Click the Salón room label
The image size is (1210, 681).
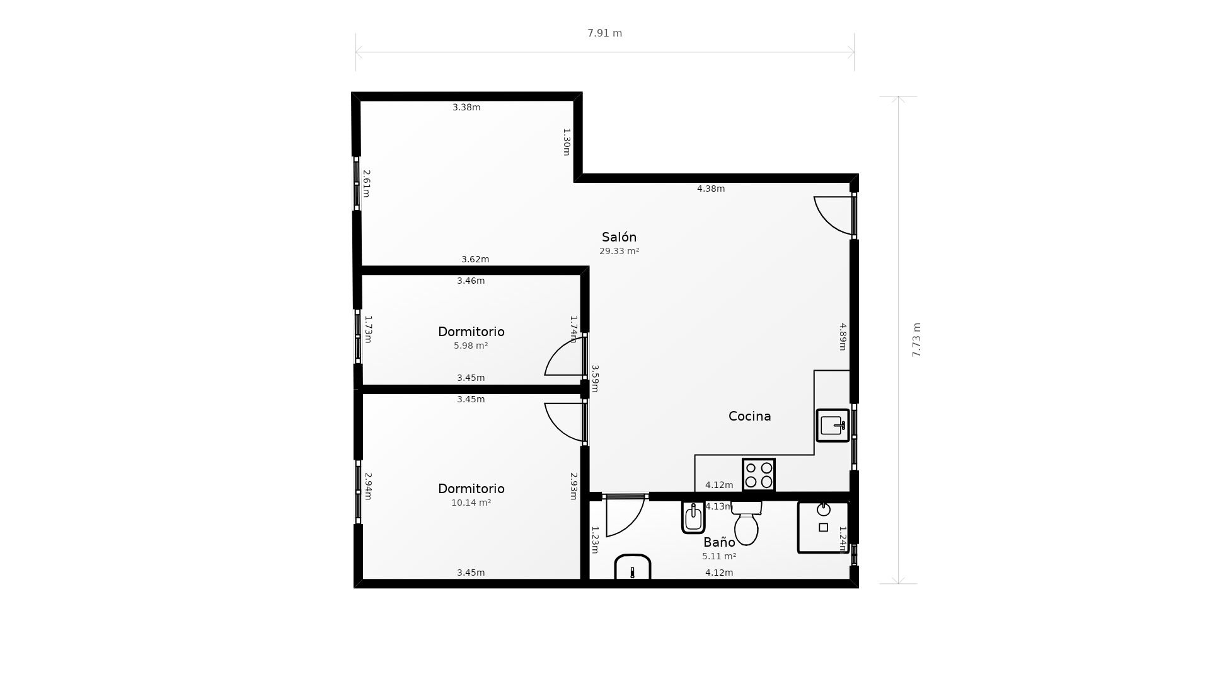[619, 237]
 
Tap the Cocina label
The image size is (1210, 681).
[749, 416]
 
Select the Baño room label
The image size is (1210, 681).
[719, 542]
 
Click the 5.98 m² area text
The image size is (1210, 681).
[471, 346]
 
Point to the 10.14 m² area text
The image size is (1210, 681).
[471, 503]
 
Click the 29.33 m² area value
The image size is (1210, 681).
[619, 251]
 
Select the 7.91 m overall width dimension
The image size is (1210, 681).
[604, 33]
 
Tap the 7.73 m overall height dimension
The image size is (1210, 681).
[916, 340]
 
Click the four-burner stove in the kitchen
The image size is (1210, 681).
[759, 475]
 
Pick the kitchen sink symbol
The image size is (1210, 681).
[833, 426]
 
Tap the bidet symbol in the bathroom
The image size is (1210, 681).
[693, 518]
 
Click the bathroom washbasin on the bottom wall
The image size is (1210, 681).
[632, 568]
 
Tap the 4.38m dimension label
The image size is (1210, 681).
[710, 189]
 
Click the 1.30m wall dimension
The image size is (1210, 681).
[567, 142]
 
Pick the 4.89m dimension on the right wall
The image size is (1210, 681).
[843, 336]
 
